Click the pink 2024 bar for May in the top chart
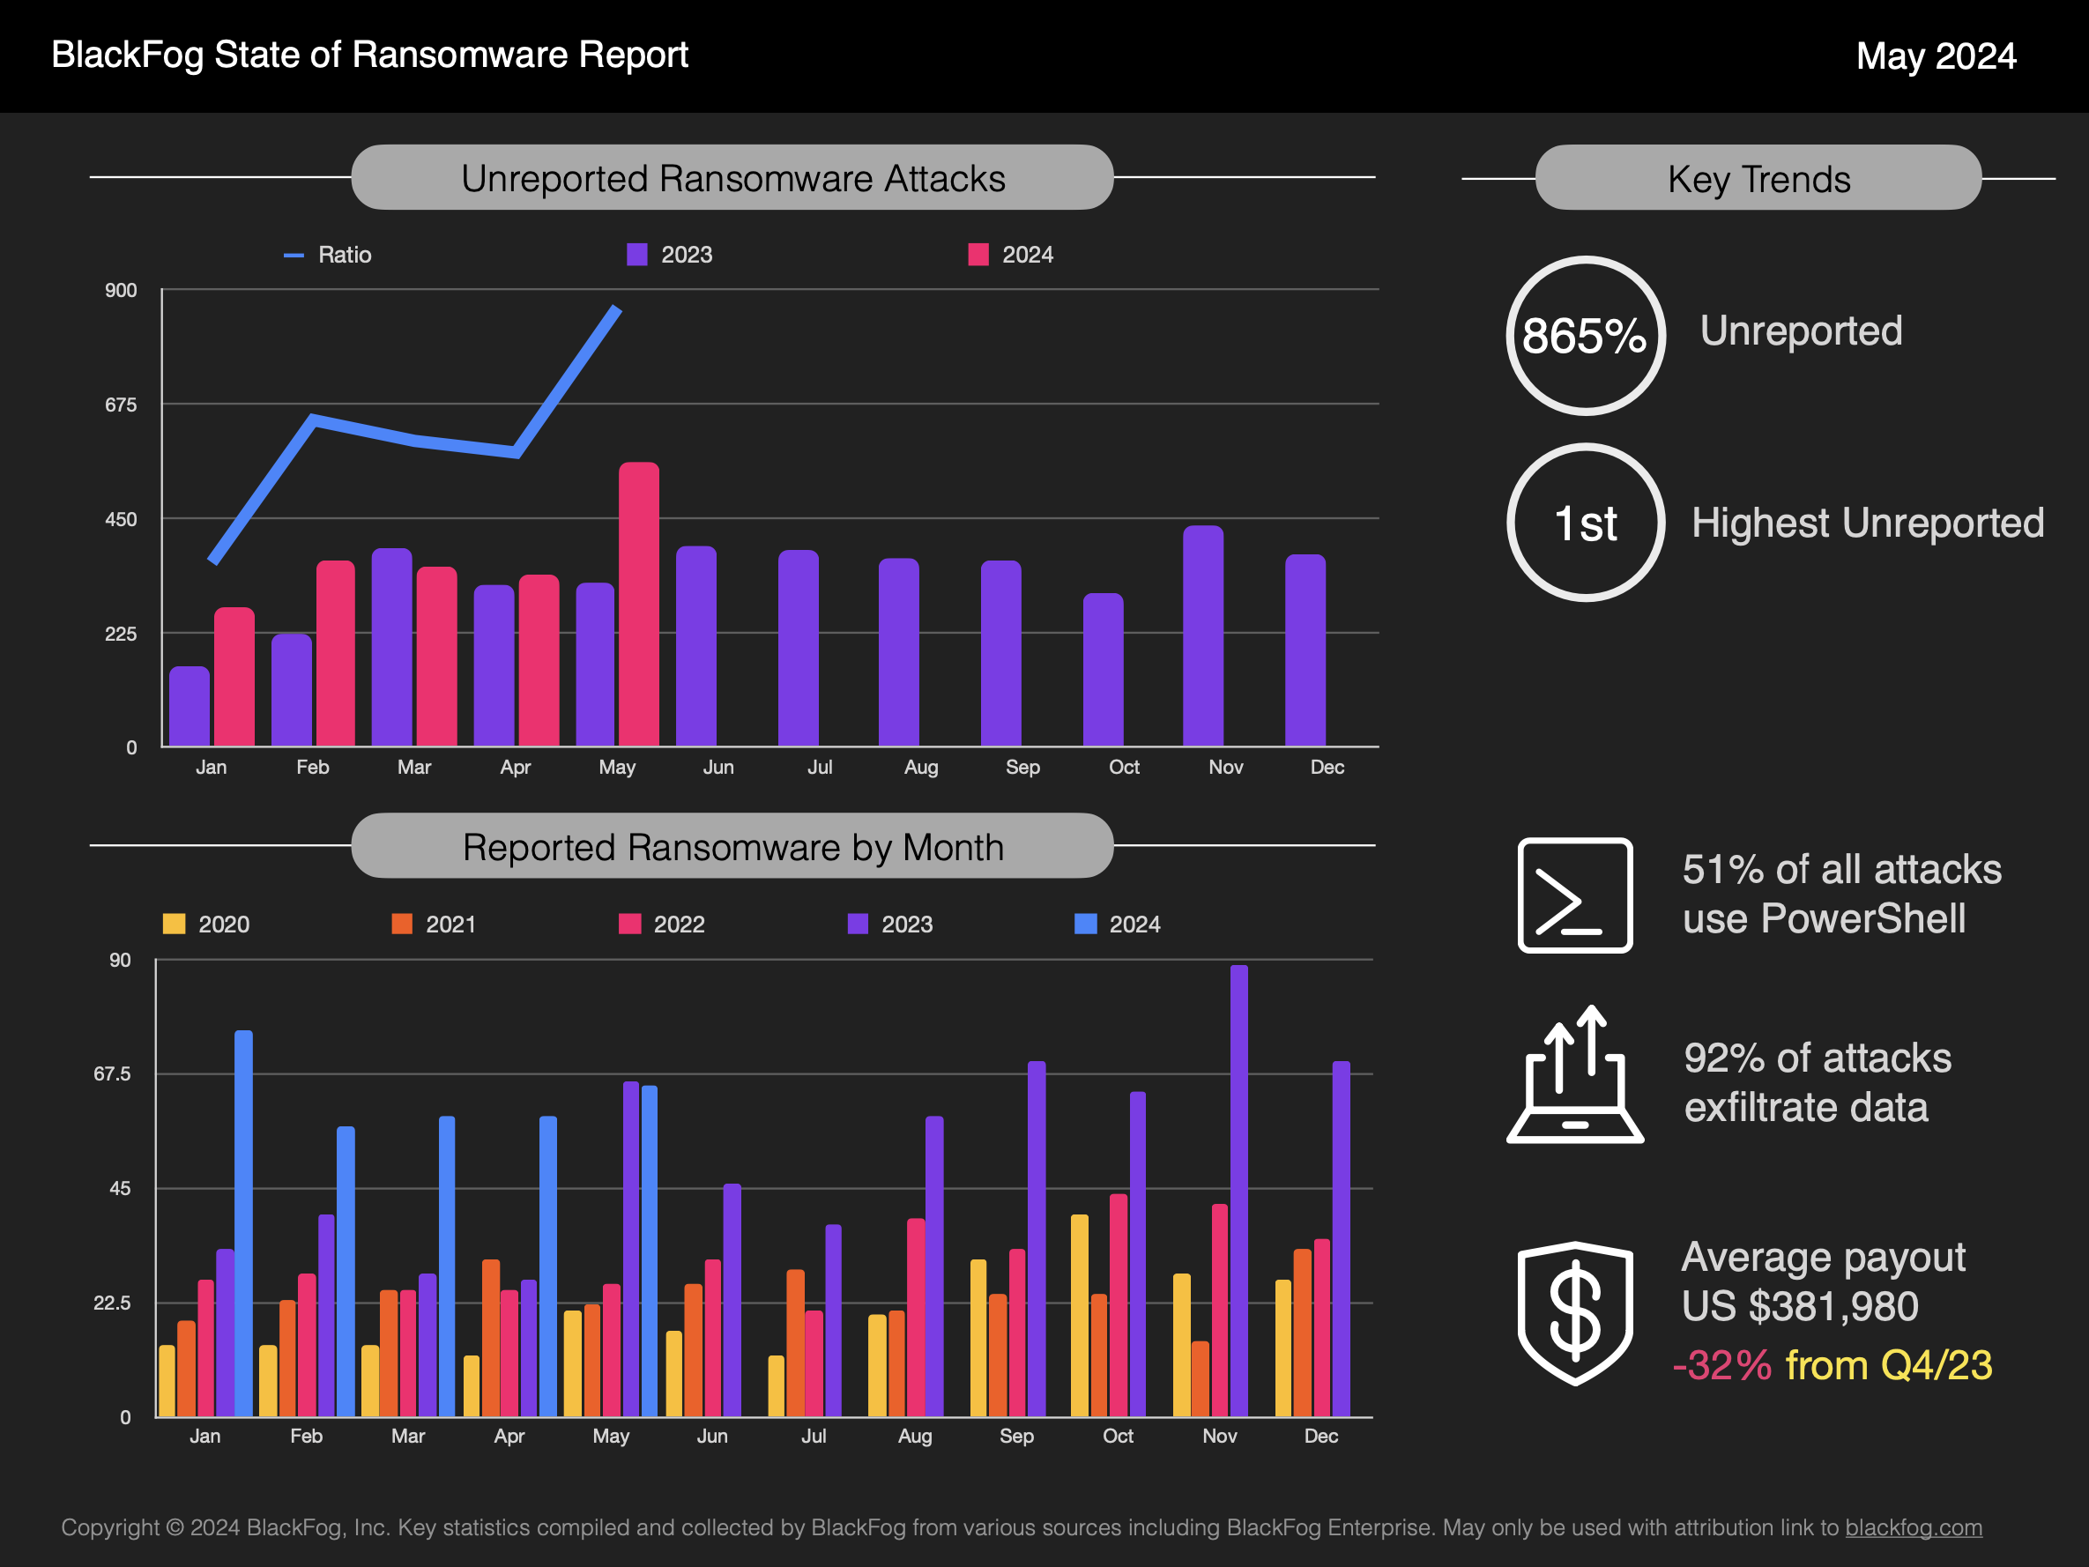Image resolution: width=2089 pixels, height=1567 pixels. (x=638, y=605)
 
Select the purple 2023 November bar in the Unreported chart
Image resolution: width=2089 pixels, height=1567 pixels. (x=1202, y=635)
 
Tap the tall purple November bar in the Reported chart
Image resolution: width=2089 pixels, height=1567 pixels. (x=1238, y=1190)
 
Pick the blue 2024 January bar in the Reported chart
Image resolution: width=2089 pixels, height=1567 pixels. (x=243, y=1223)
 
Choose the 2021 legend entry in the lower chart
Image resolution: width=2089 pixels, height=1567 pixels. (x=435, y=924)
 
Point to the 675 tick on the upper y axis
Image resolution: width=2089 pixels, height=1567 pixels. (x=121, y=405)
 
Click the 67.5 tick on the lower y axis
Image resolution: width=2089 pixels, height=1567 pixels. (x=113, y=1074)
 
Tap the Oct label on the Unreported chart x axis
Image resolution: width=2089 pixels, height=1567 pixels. (x=1124, y=767)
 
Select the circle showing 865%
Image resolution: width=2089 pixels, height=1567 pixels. (x=1586, y=335)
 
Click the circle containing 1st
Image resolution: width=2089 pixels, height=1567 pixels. (x=1586, y=523)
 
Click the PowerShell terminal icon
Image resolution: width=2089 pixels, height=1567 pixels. (x=1574, y=895)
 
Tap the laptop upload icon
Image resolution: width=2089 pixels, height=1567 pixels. (x=1574, y=1077)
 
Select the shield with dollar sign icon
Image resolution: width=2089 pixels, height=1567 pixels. (x=1574, y=1313)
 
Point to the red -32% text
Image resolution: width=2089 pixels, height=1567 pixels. (x=1721, y=1366)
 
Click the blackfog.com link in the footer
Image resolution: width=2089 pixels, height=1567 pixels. (x=1914, y=1527)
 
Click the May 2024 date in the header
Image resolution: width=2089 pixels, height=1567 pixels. (x=1935, y=56)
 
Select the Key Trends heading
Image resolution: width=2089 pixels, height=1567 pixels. (x=1758, y=179)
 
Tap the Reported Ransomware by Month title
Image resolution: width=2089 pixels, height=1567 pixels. (x=732, y=847)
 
